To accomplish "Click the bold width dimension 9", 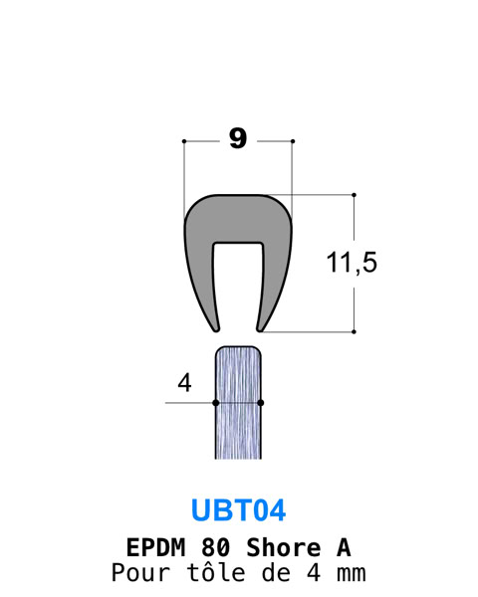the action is tap(238, 138).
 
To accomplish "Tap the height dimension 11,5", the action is tap(352, 263).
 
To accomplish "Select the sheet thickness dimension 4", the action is tap(184, 383).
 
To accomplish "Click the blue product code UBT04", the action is tap(239, 510).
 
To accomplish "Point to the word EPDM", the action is tap(155, 547).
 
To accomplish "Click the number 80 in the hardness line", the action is tap(215, 547).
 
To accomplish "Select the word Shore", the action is tap(283, 547).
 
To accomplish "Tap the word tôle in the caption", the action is tap(216, 572).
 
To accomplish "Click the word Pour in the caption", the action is tap(140, 572).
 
